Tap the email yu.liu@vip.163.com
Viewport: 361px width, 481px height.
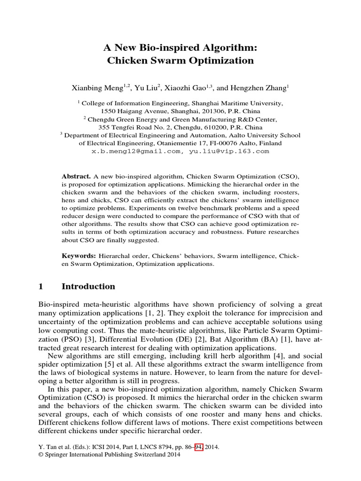click(x=229, y=151)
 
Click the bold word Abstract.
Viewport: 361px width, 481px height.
click(x=76, y=175)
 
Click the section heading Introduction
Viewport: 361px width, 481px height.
click(x=88, y=287)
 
